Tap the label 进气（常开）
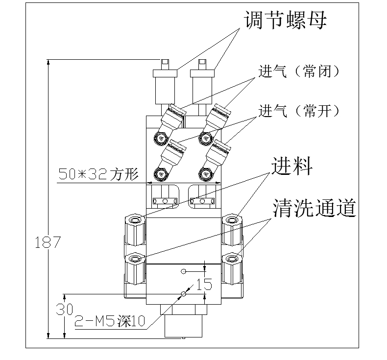coord(299,111)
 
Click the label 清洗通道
coord(314,209)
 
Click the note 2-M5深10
coord(110,321)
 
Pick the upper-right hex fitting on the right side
coord(232,229)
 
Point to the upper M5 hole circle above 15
coord(183,271)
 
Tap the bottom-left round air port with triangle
coord(160,173)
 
